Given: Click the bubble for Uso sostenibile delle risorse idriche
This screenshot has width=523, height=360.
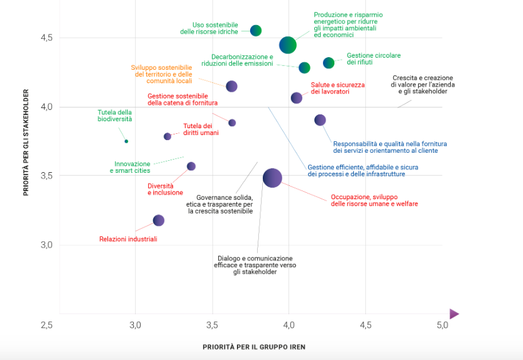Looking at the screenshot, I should (256, 30).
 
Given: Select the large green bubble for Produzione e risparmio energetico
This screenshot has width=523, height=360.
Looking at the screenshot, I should (288, 45).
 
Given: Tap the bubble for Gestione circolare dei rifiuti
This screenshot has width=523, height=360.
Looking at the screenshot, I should (329, 63).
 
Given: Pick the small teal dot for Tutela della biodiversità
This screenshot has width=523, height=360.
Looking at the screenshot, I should (126, 141).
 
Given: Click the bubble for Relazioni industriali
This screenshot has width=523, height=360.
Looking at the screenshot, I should (158, 221).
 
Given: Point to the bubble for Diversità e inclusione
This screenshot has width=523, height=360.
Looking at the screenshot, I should (191, 166).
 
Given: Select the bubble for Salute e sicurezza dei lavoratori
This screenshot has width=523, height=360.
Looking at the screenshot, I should (297, 98).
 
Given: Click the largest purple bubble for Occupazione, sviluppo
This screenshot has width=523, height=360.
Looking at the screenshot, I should (272, 178).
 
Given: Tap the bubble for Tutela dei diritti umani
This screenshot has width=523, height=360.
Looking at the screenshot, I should (168, 136).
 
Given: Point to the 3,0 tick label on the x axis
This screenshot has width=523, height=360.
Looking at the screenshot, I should (135, 325).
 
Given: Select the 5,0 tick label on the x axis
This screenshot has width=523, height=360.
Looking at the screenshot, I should (442, 325).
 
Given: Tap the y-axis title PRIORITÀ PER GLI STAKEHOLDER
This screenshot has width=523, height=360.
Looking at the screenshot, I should (26, 142).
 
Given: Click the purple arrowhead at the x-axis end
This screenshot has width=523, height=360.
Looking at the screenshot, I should (454, 314).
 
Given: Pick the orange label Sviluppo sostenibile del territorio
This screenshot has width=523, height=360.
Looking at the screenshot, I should (162, 74).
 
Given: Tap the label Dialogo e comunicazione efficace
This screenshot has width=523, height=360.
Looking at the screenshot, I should (255, 265).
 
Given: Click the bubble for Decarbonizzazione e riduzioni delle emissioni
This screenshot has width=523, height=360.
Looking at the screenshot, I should (304, 68).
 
